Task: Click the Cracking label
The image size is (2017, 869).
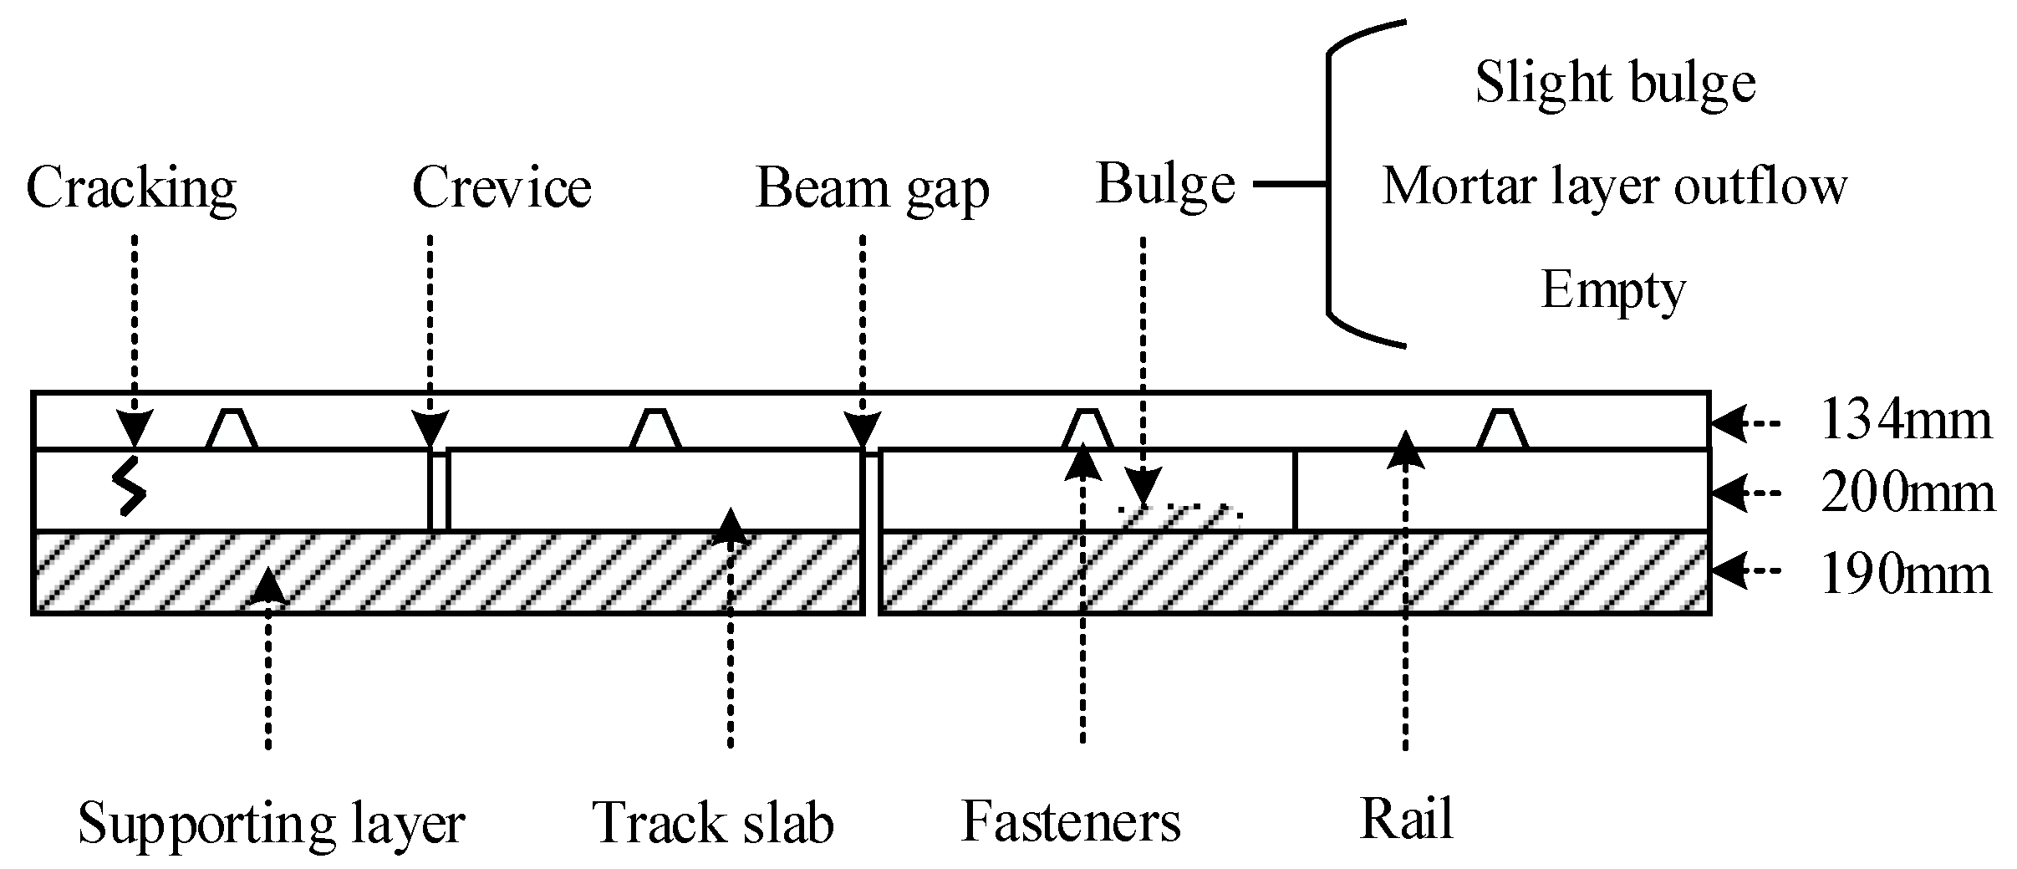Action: [131, 188]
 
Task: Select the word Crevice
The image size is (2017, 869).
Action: [502, 187]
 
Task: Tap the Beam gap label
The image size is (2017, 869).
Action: [872, 188]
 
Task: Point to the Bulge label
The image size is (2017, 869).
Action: [1165, 183]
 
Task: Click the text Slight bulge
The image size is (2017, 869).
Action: [1615, 83]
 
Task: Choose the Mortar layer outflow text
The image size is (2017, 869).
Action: [1614, 186]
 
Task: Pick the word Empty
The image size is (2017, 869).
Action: [1612, 290]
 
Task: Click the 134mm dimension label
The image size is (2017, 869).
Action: [1906, 421]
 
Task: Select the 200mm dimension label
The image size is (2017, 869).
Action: [1907, 494]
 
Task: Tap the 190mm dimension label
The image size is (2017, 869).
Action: [1906, 575]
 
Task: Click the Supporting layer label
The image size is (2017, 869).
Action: [271, 823]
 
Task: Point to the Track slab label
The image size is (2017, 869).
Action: [713, 823]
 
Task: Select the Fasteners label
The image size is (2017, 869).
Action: [1071, 821]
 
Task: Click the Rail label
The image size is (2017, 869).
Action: [1407, 819]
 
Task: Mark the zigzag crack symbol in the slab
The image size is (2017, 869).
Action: [130, 486]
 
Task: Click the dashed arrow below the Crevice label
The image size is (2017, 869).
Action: [430, 335]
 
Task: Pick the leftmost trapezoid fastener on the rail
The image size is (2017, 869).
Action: [232, 430]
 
